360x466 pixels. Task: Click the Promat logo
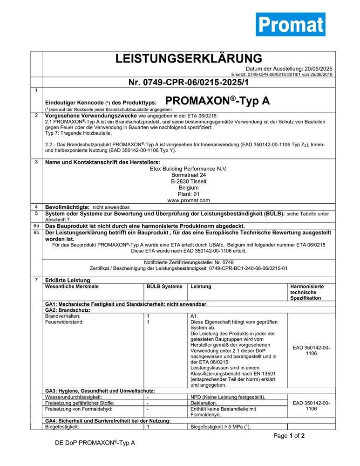(x=290, y=24)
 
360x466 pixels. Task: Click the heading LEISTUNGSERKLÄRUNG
(x=189, y=59)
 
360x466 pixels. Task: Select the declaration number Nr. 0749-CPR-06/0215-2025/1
(x=189, y=82)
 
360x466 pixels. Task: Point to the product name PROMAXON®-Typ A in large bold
(x=217, y=101)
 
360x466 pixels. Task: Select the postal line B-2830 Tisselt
(x=189, y=181)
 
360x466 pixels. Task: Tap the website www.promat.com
(x=189, y=200)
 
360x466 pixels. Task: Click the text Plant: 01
(x=189, y=194)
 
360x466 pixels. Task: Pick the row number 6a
(x=36, y=226)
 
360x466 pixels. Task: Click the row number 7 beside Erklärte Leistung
(x=36, y=279)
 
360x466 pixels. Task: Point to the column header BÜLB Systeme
(x=164, y=286)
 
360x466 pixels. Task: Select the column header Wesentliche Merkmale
(x=72, y=286)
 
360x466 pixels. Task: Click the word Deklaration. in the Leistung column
(x=204, y=403)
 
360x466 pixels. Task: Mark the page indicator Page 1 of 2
(x=289, y=436)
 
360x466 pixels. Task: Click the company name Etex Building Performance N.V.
(x=189, y=168)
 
